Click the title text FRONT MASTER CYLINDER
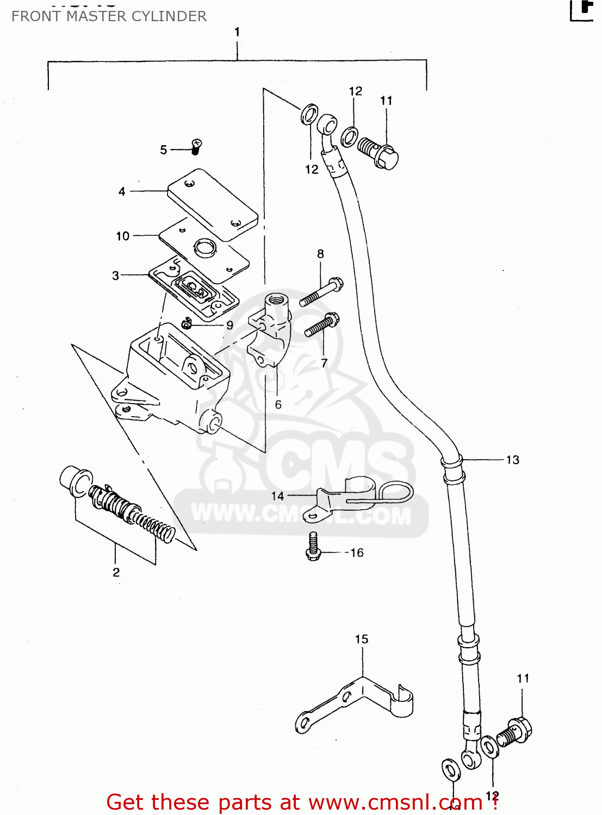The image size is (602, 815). click(x=109, y=16)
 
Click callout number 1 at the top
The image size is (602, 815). click(x=237, y=33)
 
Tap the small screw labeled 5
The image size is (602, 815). click(x=196, y=146)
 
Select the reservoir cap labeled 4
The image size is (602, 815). click(x=212, y=204)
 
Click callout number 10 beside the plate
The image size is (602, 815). click(x=123, y=236)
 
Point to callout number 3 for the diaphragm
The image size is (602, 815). click(x=115, y=276)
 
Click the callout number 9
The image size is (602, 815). click(x=229, y=325)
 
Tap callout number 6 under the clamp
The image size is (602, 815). click(x=278, y=405)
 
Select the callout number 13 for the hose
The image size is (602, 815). click(x=512, y=460)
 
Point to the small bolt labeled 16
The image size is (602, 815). click(x=314, y=546)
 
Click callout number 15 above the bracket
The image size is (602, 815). click(x=362, y=640)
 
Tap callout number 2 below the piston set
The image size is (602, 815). click(x=116, y=572)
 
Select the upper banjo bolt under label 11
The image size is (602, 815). click(x=378, y=152)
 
